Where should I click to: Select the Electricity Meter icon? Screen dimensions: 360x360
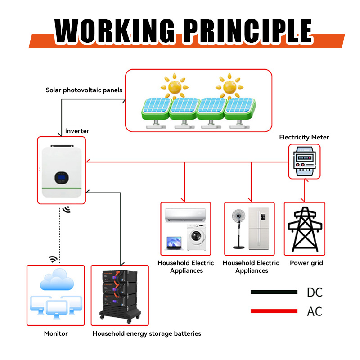tap(304, 162)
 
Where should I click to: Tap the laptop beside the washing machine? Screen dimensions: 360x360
tap(173, 243)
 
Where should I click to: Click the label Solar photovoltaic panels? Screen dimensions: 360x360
tap(84, 90)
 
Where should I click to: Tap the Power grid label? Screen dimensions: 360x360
tap(306, 263)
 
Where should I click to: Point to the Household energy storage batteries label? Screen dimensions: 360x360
tap(147, 333)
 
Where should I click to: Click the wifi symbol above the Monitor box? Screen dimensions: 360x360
tap(53, 259)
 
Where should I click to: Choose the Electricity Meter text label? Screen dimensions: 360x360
tap(304, 137)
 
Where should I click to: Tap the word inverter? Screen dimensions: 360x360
tap(77, 131)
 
